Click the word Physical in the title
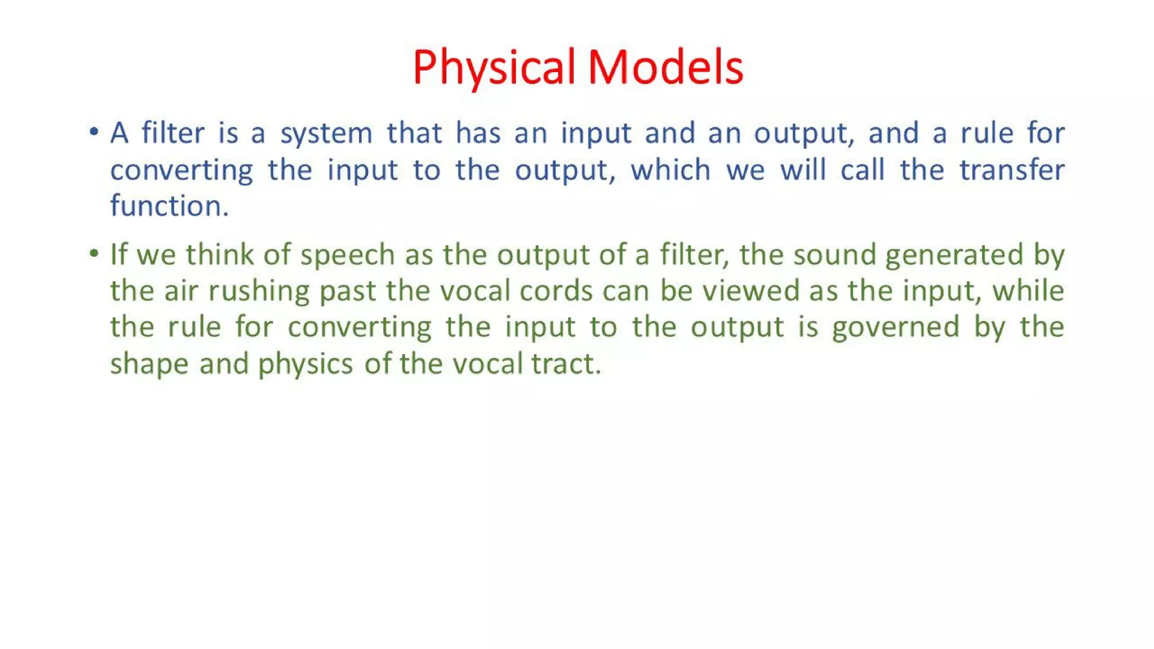pos(494,68)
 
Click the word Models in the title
pos(665,68)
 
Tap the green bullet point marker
pos(94,254)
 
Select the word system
pos(326,134)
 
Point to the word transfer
pos(1012,170)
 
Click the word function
pos(169,206)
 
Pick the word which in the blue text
pos(671,170)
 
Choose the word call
pos(862,170)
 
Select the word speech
pos(347,255)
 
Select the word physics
pos(305,364)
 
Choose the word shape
pos(149,364)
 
